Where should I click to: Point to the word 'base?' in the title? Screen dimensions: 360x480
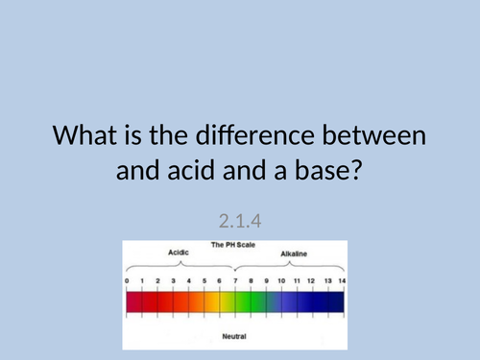(x=327, y=173)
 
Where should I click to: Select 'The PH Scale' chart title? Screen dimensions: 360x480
(x=235, y=245)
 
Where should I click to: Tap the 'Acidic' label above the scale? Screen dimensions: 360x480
(x=180, y=254)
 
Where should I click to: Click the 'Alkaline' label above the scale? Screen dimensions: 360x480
(x=295, y=254)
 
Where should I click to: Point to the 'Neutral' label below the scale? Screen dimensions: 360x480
(x=235, y=337)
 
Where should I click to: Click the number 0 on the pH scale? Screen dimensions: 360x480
(x=127, y=281)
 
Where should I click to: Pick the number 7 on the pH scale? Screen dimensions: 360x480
(x=235, y=281)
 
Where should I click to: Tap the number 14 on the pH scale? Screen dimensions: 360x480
(x=343, y=281)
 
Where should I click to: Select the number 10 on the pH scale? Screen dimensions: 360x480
(x=281, y=281)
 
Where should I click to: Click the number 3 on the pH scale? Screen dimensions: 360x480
(x=173, y=281)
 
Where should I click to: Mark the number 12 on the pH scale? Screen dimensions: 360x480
(x=312, y=281)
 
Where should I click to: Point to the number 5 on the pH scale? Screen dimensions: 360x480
(x=204, y=281)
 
